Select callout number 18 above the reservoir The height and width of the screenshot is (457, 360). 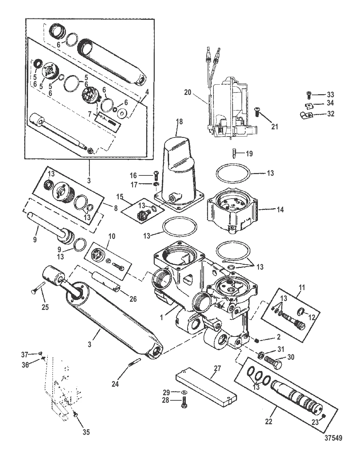tap(180, 122)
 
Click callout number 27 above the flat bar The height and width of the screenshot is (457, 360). tap(218, 368)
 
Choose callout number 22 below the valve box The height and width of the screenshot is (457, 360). tap(268, 422)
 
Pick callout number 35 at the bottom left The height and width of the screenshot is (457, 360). tap(86, 432)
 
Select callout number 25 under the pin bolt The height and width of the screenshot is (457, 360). tap(45, 307)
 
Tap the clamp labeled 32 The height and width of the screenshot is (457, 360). tap(305, 115)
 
